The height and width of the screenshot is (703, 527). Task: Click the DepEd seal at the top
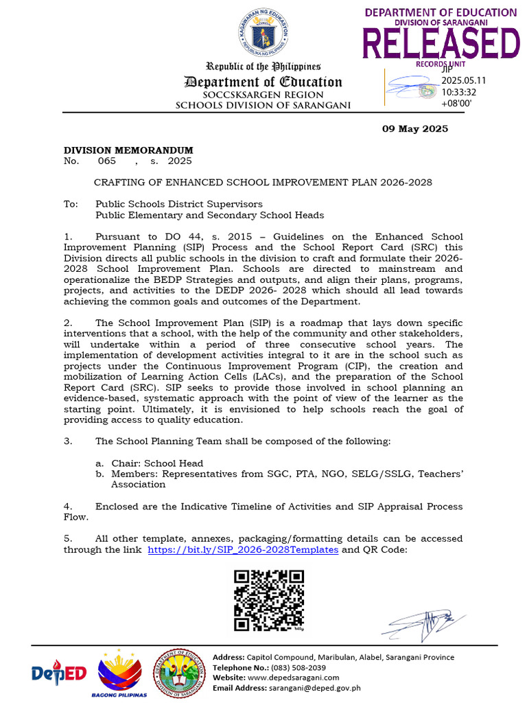tap(264, 35)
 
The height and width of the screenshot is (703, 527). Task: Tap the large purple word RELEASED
tap(441, 43)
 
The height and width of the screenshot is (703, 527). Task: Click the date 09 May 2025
tap(414, 128)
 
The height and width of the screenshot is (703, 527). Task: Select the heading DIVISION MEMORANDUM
tap(128, 150)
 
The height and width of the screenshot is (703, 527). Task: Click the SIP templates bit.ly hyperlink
tap(243, 550)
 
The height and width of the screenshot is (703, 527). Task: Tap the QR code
tap(269, 600)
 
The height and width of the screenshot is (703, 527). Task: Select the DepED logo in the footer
tap(59, 673)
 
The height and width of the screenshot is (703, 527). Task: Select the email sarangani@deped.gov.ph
tap(305, 688)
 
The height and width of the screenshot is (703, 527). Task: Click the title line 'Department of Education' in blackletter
tap(263, 82)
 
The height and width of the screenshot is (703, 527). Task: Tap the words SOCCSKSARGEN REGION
tap(263, 95)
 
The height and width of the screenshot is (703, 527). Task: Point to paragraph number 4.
tap(68, 506)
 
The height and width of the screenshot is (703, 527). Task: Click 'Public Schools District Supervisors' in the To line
tap(178, 204)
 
